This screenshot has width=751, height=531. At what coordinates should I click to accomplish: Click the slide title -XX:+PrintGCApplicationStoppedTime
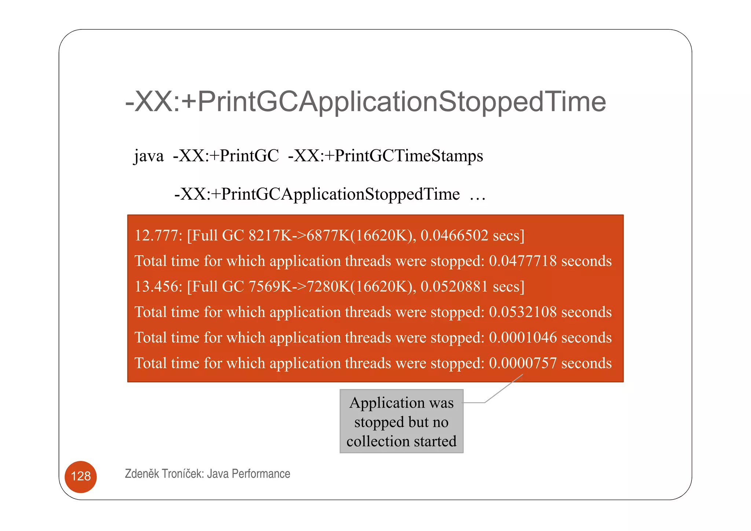point(365,102)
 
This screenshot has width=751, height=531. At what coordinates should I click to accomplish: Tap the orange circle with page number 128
point(81,476)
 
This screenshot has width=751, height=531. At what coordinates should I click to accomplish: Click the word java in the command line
point(149,156)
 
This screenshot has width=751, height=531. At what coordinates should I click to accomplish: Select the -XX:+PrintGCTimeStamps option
point(385,156)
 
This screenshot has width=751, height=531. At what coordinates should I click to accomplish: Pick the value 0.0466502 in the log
point(454,235)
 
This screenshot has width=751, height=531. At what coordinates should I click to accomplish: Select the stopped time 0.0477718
point(523,261)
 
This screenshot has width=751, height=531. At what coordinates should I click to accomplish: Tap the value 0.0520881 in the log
point(454,286)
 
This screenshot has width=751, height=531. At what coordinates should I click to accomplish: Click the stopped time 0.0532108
point(523,312)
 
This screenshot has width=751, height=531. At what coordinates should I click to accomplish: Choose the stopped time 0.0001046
point(523,337)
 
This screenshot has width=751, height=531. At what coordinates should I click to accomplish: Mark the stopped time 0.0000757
point(523,363)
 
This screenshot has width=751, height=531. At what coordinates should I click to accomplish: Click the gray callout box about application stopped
point(401,421)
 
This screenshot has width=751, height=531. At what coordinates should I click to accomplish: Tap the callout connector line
point(503,389)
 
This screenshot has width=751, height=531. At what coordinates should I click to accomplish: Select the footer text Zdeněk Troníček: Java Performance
point(207,474)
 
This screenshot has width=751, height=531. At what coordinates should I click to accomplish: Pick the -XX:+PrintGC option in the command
point(226,156)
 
